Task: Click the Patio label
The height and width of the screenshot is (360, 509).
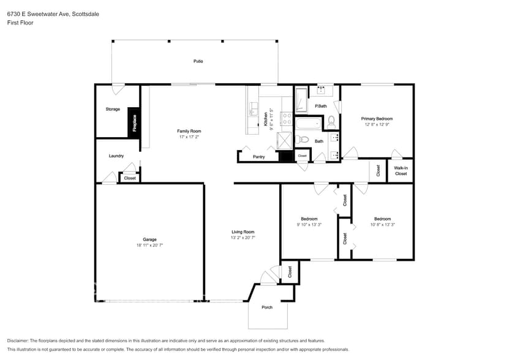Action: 198,61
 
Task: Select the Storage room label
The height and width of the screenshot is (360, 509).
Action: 113,109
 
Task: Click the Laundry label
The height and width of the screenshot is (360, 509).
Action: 116,156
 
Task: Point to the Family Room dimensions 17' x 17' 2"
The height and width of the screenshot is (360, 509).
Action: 189,137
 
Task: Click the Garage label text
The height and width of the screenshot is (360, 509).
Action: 150,239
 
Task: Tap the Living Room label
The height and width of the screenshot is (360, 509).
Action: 243,232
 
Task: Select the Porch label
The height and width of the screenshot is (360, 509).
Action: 267,307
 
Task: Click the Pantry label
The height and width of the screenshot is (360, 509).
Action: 258,157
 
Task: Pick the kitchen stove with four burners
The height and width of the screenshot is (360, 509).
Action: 285,118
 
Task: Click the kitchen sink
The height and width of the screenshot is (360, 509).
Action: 253,111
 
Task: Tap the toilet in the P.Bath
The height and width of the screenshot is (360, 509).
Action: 331,121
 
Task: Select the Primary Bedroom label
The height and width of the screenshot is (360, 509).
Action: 377,119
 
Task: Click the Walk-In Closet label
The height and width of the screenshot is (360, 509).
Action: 401,170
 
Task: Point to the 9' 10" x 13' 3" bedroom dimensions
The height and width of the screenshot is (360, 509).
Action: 309,225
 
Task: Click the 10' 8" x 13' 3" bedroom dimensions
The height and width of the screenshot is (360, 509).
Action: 383,225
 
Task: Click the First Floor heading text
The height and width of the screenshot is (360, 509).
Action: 21,23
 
